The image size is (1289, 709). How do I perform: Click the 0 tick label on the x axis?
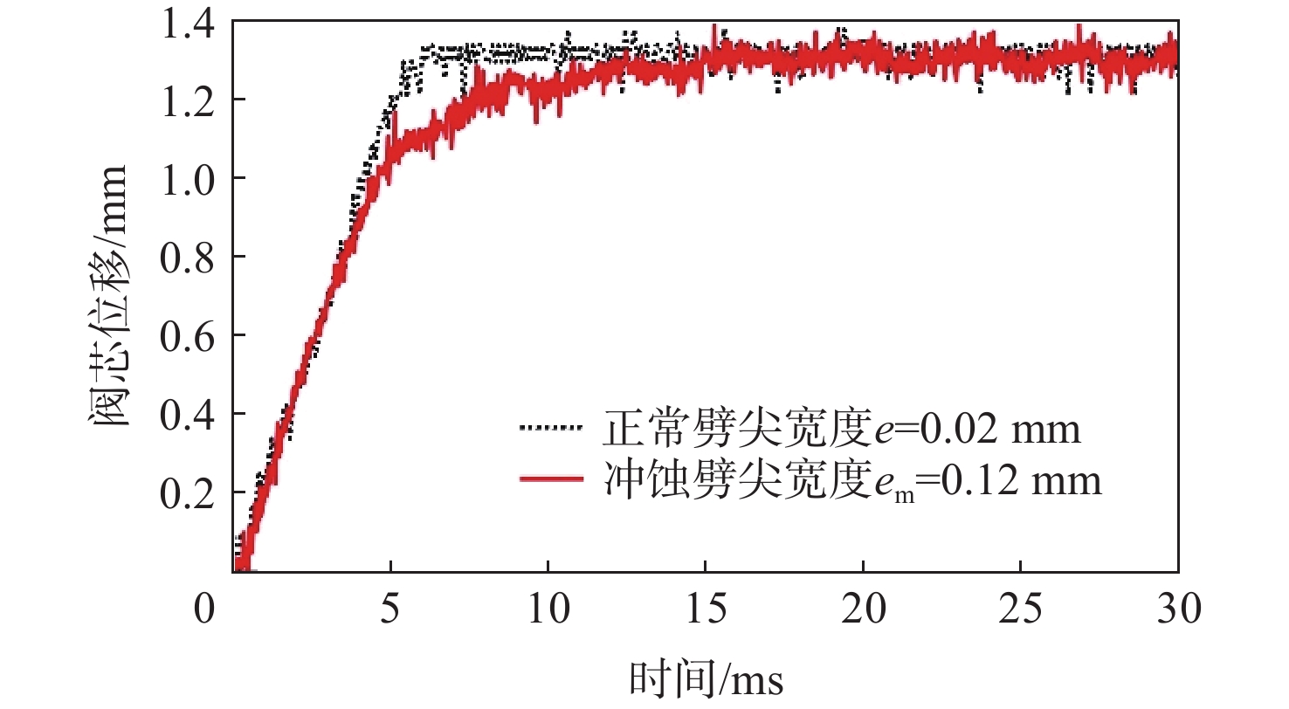coord(204,609)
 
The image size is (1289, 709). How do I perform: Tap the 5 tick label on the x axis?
coord(390,609)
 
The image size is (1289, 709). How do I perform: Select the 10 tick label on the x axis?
coord(548,609)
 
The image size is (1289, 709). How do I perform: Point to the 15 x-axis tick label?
coord(706,609)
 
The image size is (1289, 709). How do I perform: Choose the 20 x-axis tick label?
coord(863,609)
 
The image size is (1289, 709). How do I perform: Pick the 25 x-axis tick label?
coord(1021,609)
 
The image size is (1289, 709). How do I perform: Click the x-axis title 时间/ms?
coord(705,678)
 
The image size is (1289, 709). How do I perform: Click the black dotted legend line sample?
coord(550,428)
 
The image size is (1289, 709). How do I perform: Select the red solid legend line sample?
coord(550,478)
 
